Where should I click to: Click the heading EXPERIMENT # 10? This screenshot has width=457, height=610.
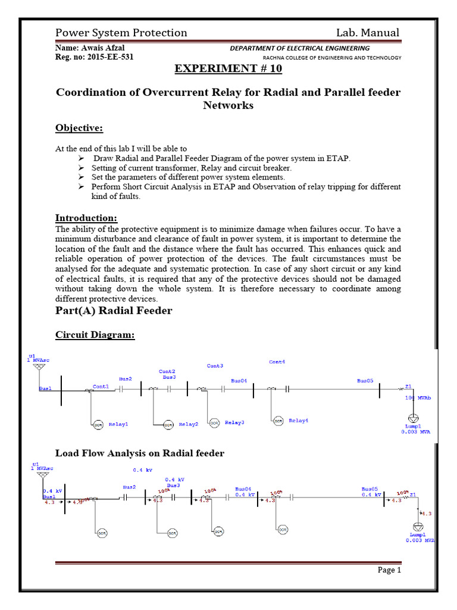[x=228, y=69]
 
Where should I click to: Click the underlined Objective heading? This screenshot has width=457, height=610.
[x=79, y=128]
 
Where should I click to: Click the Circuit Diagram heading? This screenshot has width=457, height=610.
[x=95, y=335]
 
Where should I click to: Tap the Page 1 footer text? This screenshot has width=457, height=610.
[x=390, y=570]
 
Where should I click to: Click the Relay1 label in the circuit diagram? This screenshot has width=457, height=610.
[x=118, y=424]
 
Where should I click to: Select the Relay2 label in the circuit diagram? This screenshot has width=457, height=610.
[x=188, y=424]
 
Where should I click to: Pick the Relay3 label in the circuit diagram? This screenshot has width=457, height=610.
[x=234, y=422]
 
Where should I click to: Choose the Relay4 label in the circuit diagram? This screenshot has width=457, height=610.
[x=299, y=421]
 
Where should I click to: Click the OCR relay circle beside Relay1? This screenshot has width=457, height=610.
[x=97, y=424]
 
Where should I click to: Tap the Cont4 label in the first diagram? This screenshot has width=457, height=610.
[x=277, y=362]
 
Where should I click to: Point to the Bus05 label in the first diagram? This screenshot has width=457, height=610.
[x=365, y=379]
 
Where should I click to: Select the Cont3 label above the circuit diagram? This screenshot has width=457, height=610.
[x=215, y=365]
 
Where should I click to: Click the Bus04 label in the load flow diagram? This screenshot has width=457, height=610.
[x=243, y=488]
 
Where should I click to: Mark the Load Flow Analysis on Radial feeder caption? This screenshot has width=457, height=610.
[x=140, y=453]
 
